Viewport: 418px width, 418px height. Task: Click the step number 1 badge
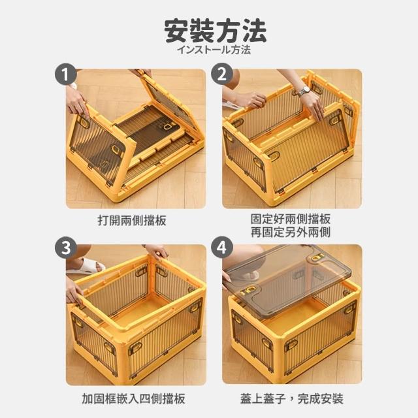pos(65,74)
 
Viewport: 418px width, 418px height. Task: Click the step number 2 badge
pos(222,74)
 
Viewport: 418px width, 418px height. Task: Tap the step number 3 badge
pos(65,248)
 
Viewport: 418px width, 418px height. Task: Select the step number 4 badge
pos(222,248)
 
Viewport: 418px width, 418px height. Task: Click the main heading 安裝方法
pos(216,31)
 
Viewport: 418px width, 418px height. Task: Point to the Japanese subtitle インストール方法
pos(214,50)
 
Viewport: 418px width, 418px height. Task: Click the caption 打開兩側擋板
pos(132,221)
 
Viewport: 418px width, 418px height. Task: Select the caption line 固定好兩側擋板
pos(291,219)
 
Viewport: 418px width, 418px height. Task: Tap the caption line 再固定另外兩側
pos(291,233)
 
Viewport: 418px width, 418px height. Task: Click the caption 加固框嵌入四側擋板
pos(133,399)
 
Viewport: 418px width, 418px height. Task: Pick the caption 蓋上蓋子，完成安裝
pos(292,399)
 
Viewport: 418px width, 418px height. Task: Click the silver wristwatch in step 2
pos(304,91)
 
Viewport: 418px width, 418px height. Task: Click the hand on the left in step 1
pos(77,103)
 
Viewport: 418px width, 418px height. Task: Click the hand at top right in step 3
pos(158,251)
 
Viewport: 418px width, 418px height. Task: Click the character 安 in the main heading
pos(176,31)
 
